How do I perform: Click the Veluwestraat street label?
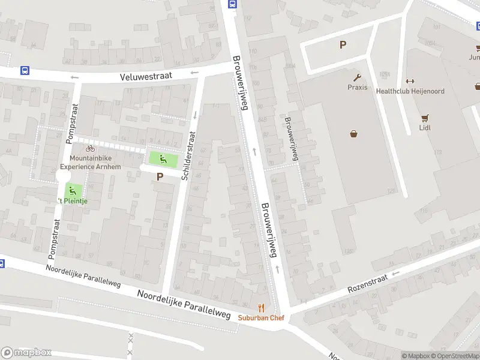pyautogui.click(x=146, y=76)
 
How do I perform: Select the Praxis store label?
pyautogui.click(x=357, y=87)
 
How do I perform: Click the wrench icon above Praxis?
pyautogui.click(x=357, y=77)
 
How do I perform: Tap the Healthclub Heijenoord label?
pyautogui.click(x=410, y=91)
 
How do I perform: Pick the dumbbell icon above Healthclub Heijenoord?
pyautogui.click(x=410, y=81)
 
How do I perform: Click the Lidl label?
pyautogui.click(x=425, y=127)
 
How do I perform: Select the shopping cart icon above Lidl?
pyautogui.click(x=425, y=118)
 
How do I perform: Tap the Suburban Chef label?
pyautogui.click(x=260, y=318)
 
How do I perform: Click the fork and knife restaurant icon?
pyautogui.click(x=260, y=308)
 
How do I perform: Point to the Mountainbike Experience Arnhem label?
pyautogui.click(x=91, y=162)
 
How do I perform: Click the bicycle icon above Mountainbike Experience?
pyautogui.click(x=90, y=148)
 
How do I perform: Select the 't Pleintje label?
pyautogui.click(x=73, y=201)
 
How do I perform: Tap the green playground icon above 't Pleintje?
pyautogui.click(x=73, y=191)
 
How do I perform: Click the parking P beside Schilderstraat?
pyautogui.click(x=160, y=176)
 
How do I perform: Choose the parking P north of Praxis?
pyautogui.click(x=343, y=44)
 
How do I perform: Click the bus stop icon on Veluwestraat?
pyautogui.click(x=25, y=70)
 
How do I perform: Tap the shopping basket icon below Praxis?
pyautogui.click(x=353, y=134)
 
